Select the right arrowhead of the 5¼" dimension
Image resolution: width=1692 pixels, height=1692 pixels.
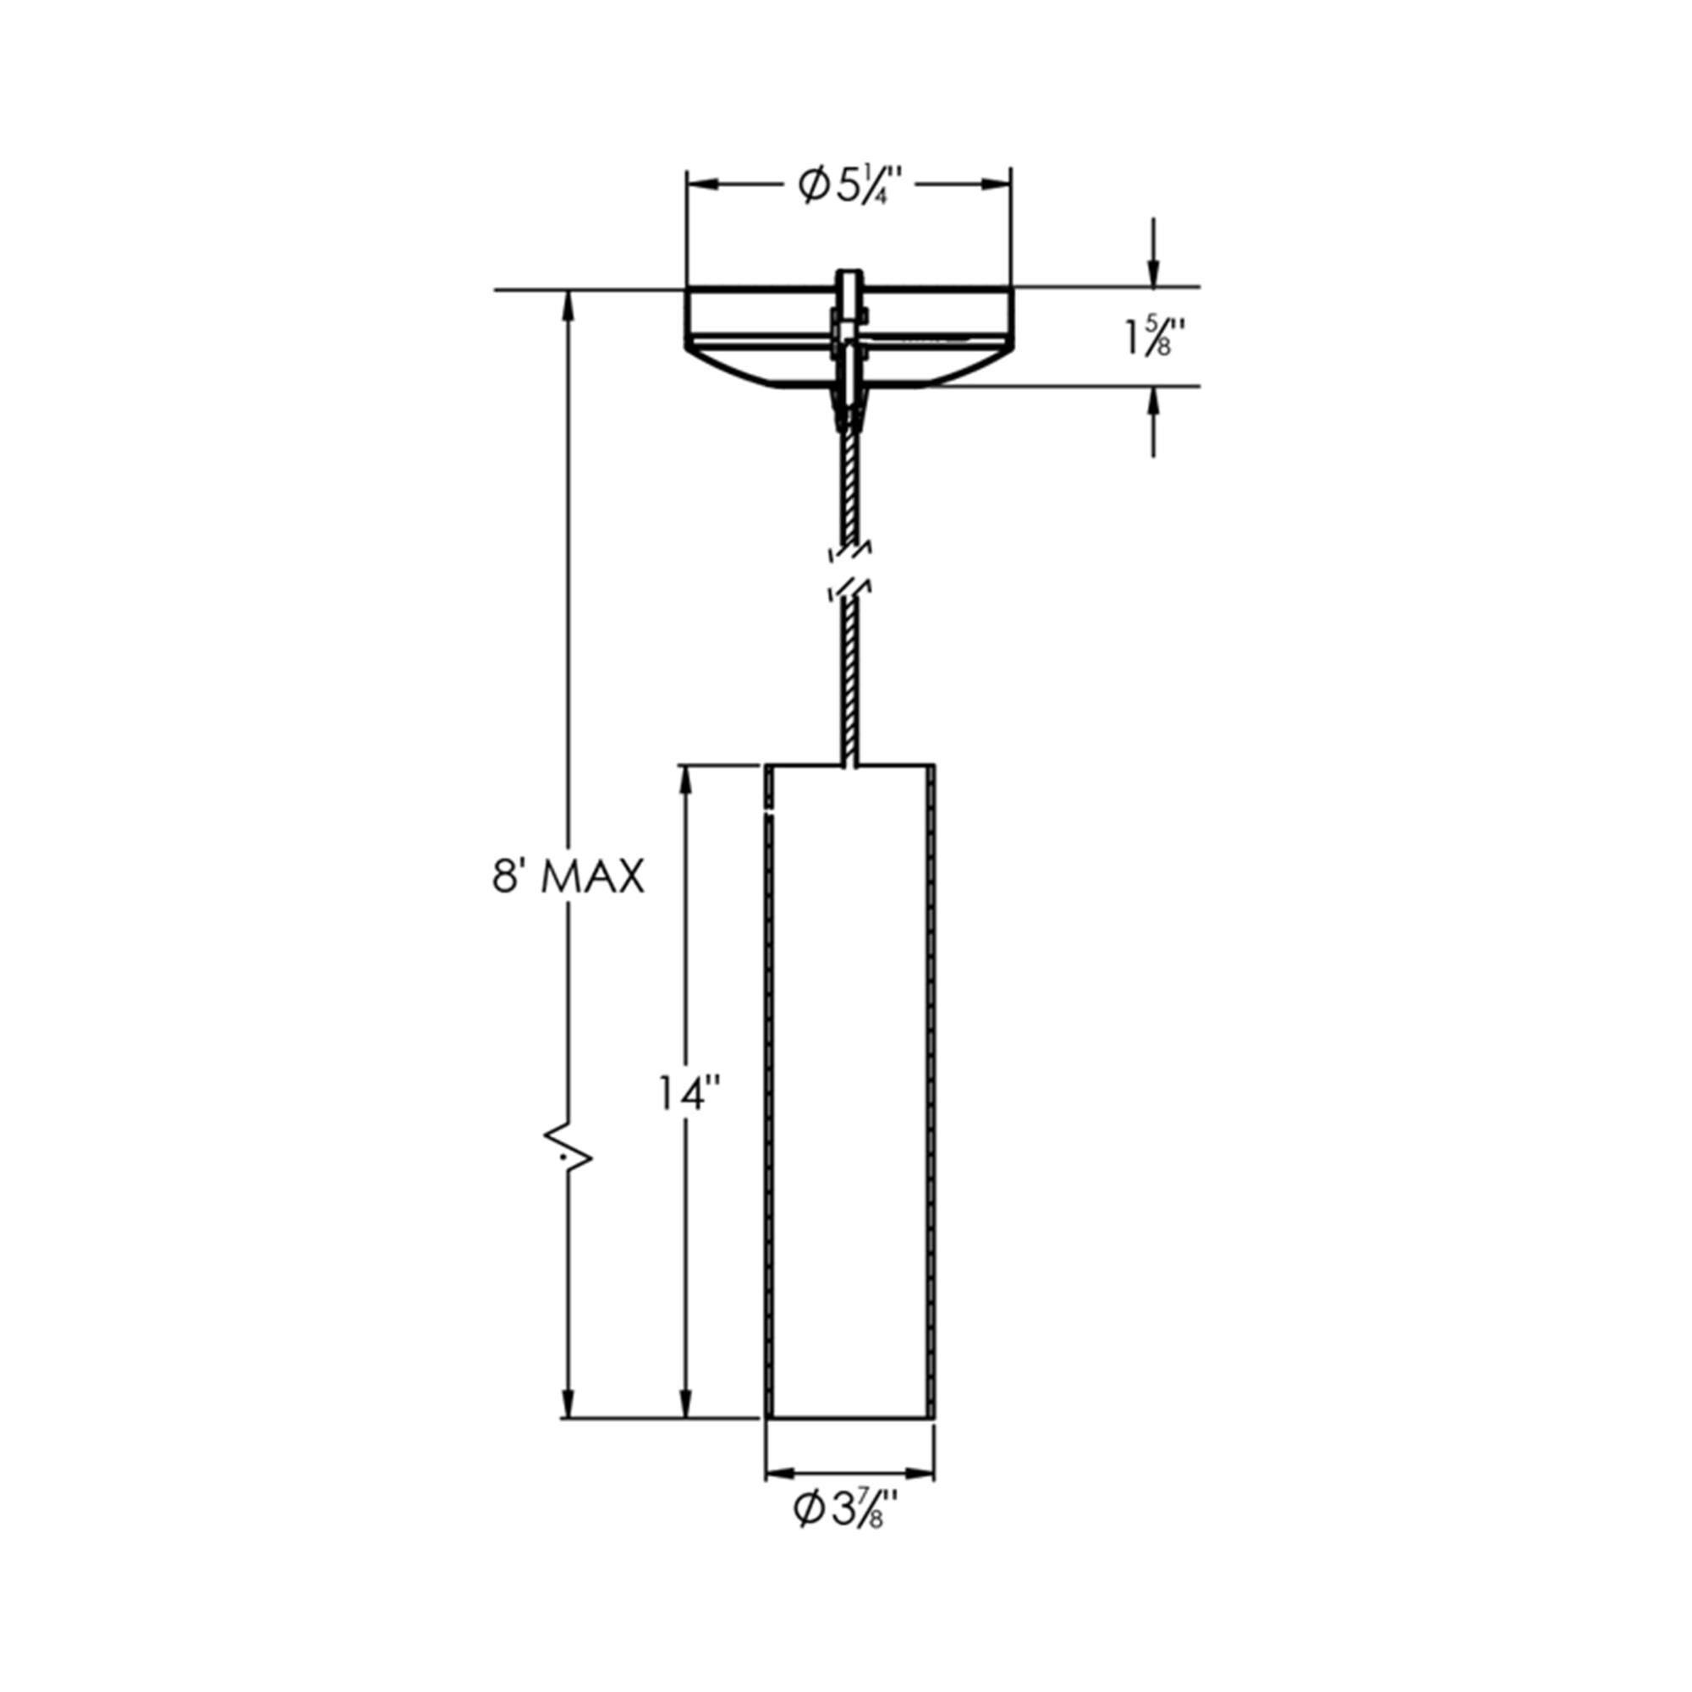pyautogui.click(x=996, y=184)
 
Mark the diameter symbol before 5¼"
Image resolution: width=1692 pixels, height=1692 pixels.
pyautogui.click(x=814, y=185)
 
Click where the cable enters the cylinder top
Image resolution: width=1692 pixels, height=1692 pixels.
pyautogui.click(x=849, y=764)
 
